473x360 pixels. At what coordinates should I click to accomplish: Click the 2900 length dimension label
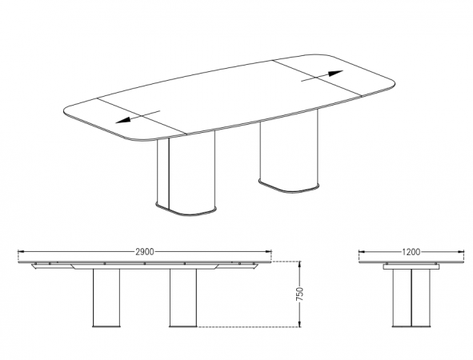point(145,252)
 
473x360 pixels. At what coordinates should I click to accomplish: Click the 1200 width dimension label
point(411,252)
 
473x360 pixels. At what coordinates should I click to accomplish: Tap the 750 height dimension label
point(300,294)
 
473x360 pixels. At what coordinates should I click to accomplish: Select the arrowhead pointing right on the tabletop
point(335,74)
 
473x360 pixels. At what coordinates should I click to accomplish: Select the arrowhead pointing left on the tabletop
point(123,120)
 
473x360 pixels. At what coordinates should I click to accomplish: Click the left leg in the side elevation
point(106,298)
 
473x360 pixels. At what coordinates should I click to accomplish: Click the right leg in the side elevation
point(183,298)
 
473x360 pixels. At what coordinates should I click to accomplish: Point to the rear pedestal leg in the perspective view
point(289,151)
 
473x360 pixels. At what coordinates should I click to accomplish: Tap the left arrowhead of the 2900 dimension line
point(22,251)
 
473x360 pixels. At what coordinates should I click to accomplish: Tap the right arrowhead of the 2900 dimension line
point(268,251)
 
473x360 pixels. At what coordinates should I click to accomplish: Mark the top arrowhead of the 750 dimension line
point(299,265)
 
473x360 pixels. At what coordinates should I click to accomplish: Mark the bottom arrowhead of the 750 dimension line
point(299,323)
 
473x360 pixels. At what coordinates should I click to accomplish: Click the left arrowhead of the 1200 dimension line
point(363,251)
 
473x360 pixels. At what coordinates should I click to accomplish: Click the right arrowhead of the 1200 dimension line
point(461,251)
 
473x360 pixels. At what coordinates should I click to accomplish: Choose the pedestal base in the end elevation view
point(411,298)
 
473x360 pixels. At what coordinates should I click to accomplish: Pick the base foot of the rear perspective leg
point(289,186)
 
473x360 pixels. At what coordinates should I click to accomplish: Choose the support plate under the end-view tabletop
point(411,266)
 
